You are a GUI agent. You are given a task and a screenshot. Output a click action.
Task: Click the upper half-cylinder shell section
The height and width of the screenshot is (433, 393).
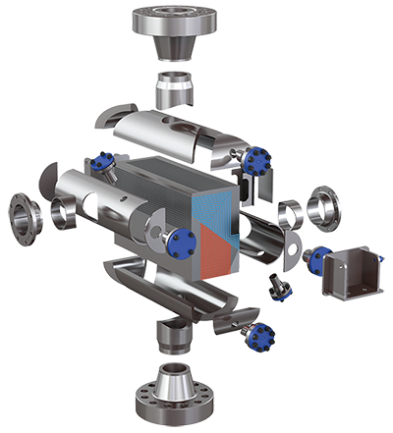pyautogui.click(x=167, y=133)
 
